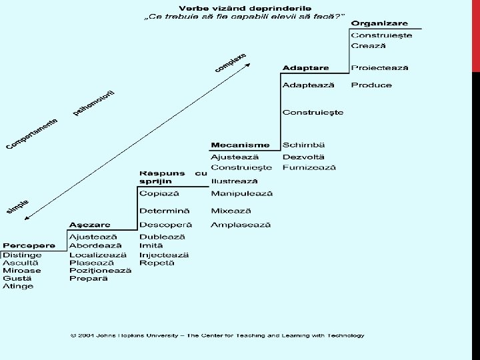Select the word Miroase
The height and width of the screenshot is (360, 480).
tap(21, 271)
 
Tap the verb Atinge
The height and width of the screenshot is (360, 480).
tap(18, 287)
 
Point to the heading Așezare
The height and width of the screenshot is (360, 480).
tap(90, 225)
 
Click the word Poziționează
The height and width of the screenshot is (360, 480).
tap(100, 271)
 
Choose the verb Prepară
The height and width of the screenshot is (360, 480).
tap(89, 279)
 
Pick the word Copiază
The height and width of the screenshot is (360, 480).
tap(159, 193)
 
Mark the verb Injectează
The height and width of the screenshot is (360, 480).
tap(164, 255)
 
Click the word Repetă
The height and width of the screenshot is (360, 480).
tap(157, 263)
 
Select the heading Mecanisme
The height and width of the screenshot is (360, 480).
tap(240, 145)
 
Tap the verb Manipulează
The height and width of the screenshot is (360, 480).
tap(241, 193)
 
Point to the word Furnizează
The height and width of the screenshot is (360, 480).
tap(309, 167)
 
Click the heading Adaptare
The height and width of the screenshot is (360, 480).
tap(305, 68)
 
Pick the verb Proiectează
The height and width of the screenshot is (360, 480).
tap(380, 68)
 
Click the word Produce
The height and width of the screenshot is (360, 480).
tap(371, 85)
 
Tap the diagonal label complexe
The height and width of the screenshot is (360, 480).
tap(230, 63)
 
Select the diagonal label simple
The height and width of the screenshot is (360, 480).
tap(18, 207)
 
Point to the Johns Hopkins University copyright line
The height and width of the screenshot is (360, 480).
tap(218, 335)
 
